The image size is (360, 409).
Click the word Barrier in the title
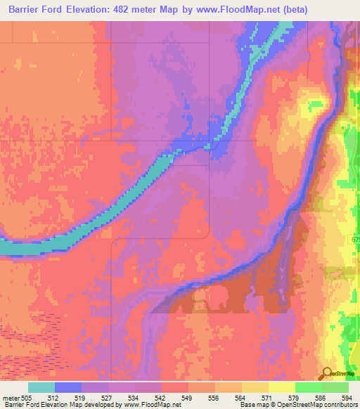(x=27, y=10)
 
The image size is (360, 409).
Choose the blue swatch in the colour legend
(x=68, y=387)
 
